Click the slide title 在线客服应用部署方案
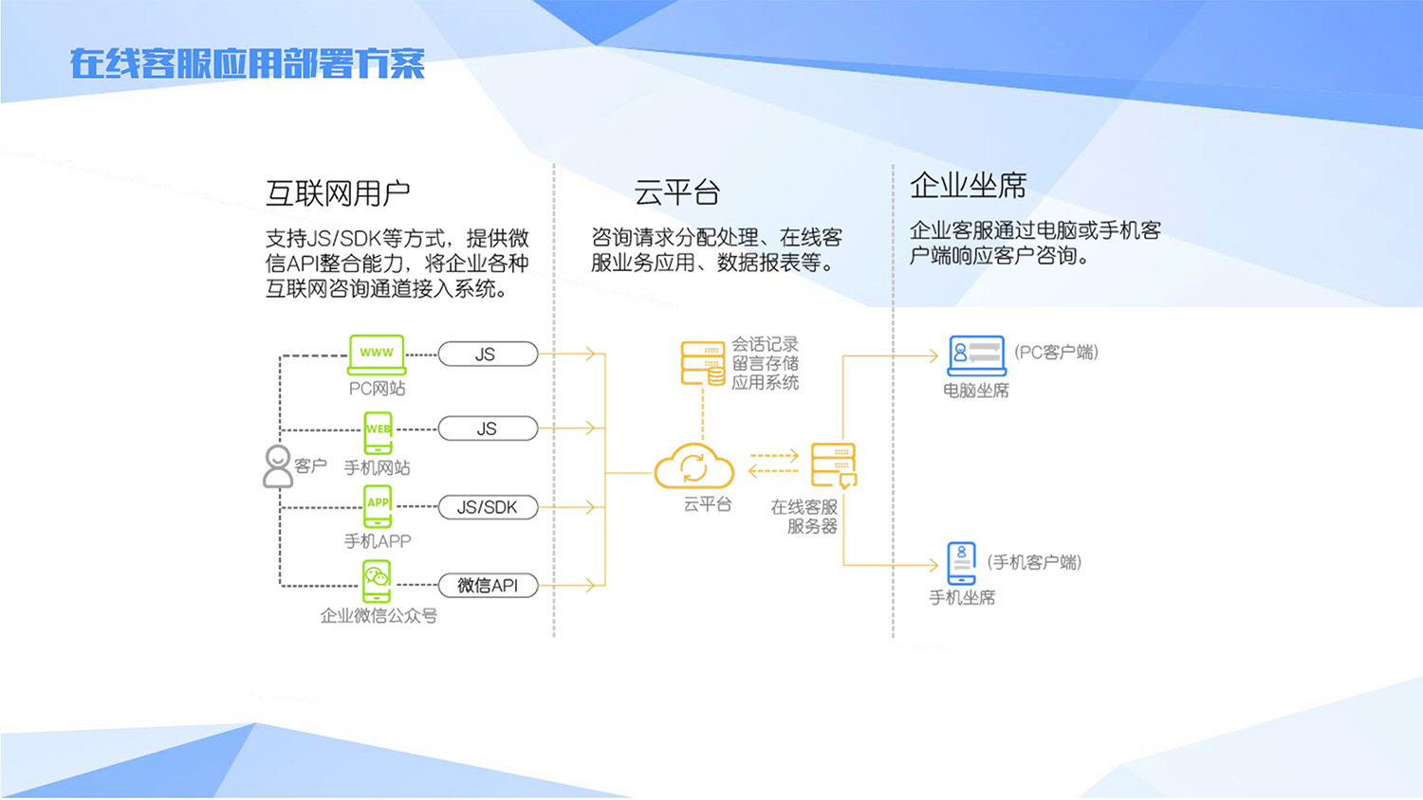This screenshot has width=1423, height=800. click(x=247, y=64)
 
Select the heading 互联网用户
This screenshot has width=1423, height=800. click(x=338, y=193)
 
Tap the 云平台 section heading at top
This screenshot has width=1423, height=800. click(x=676, y=193)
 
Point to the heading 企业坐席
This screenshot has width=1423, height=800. click(x=968, y=186)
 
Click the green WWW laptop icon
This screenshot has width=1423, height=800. click(x=377, y=355)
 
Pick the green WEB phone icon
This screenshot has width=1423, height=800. click(x=378, y=432)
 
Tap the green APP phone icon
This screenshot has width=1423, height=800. click(x=378, y=506)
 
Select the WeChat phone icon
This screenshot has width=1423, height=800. click(x=377, y=581)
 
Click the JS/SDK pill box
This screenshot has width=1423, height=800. click(x=488, y=507)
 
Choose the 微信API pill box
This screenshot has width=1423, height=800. click(x=488, y=586)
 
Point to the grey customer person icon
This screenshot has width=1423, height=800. click(x=277, y=466)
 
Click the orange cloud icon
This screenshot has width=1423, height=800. click(x=694, y=466)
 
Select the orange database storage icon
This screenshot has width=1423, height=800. click(x=703, y=364)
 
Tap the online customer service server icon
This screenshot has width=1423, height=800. click(x=834, y=465)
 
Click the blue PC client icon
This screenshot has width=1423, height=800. click(x=976, y=355)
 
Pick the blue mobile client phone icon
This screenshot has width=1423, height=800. click(x=961, y=563)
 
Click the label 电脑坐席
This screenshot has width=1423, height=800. click(x=975, y=391)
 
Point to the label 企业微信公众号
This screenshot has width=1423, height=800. click(x=379, y=616)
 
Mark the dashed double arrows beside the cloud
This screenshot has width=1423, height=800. click(x=773, y=464)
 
